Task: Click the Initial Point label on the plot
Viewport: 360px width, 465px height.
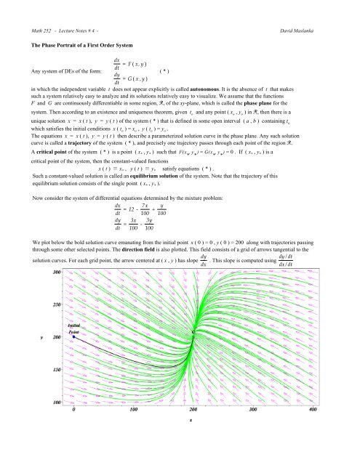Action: tap(78, 350)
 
